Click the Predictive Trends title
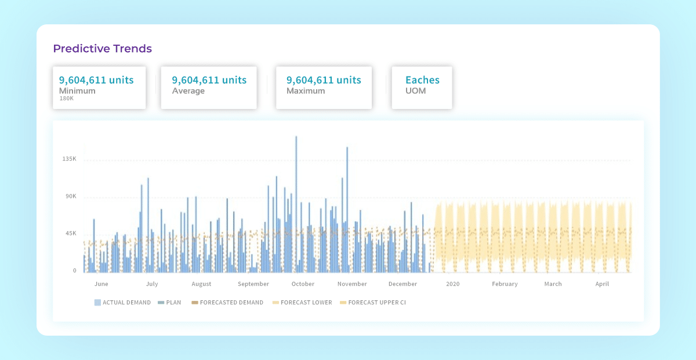(102, 49)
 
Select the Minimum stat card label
(77, 91)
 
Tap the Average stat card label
(188, 91)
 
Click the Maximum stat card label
(306, 91)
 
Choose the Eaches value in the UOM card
(422, 80)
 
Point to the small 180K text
(66, 99)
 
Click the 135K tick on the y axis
(70, 159)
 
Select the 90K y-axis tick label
(71, 197)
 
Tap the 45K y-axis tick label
(71, 234)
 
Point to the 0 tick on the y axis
(74, 271)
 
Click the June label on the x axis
(101, 284)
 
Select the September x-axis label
(253, 284)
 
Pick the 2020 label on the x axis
(452, 284)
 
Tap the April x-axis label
(602, 284)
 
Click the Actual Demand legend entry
(122, 303)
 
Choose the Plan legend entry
(170, 303)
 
